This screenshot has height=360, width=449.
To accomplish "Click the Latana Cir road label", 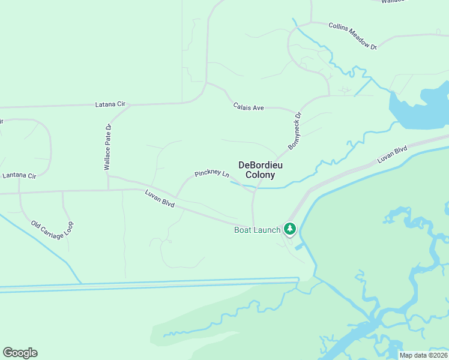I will pos(110,104).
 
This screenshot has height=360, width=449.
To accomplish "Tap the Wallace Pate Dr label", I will pos(107,148).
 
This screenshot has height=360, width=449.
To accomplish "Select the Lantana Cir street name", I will pos(19,176).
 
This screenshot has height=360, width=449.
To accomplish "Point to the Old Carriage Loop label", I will pos(52,236).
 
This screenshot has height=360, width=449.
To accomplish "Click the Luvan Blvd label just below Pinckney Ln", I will pos(160,199).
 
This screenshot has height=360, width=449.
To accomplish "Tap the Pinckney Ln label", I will pos(212,174).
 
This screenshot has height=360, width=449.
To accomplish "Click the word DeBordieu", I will pos(261,165).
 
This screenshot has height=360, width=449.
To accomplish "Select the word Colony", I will pos(261,175).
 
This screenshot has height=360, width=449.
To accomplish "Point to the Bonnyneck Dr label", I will pos(295,130).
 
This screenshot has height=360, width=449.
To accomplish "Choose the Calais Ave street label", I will pos(249,107).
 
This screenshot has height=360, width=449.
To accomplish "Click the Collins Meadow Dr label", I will pos(352,36).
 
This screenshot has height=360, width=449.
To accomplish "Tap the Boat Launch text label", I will pos(257,230).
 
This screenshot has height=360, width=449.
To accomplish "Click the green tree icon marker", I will pos(290,229).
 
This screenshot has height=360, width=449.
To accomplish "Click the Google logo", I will pos(20,353).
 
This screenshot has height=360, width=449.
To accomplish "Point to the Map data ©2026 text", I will pos(423,355).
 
